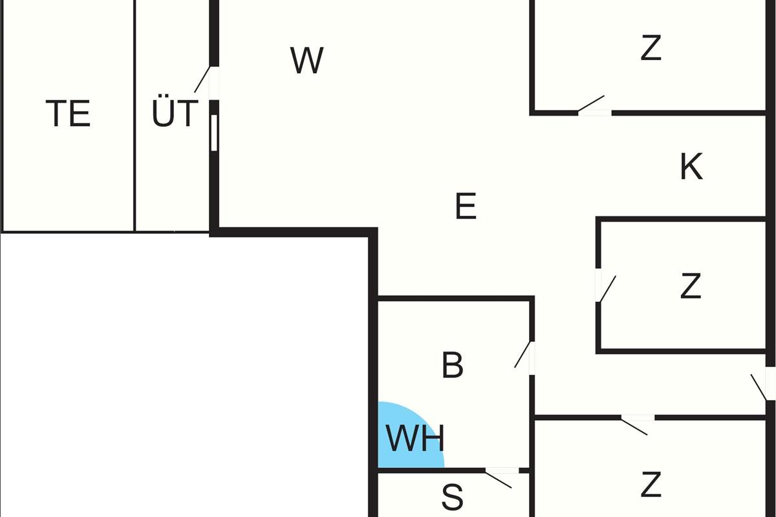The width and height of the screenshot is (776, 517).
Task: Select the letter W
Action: [x=307, y=61]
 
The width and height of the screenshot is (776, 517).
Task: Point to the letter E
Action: [x=466, y=207]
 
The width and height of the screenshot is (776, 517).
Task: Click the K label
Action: [x=691, y=167]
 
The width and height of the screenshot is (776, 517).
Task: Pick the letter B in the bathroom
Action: [x=453, y=365]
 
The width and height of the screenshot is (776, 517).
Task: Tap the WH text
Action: [x=415, y=439]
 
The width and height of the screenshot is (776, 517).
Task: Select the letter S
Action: [x=453, y=498]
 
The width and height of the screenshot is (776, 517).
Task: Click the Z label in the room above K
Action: [x=651, y=48]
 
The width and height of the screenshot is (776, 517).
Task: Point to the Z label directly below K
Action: [x=691, y=286]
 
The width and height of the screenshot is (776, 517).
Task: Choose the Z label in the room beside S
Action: [x=651, y=485]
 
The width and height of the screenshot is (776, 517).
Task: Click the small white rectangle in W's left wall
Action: [x=214, y=132]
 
